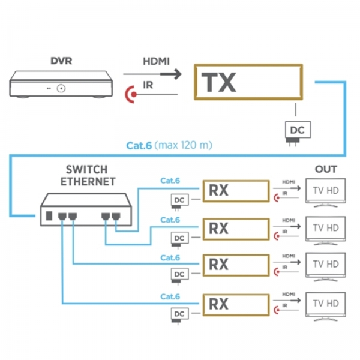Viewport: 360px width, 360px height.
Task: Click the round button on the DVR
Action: click(x=61, y=89)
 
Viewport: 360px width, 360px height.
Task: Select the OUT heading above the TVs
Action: click(x=326, y=170)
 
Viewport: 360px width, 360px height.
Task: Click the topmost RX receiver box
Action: click(x=235, y=191)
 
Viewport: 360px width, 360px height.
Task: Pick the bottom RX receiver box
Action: click(x=235, y=303)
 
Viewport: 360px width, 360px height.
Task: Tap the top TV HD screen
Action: click(x=326, y=191)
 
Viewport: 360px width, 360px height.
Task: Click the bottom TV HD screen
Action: click(x=326, y=304)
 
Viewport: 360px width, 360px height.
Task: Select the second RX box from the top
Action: click(x=235, y=228)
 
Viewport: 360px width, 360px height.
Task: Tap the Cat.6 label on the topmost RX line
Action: click(x=170, y=179)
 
